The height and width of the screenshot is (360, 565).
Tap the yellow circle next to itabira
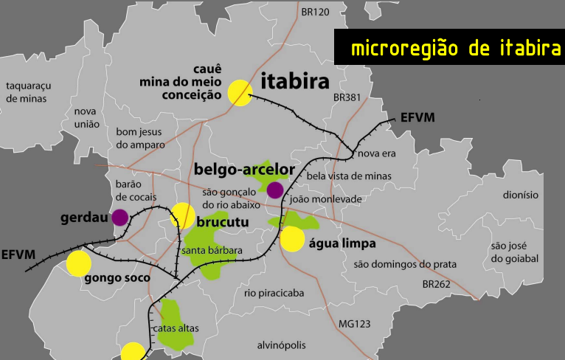240,93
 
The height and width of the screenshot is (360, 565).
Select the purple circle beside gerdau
119,217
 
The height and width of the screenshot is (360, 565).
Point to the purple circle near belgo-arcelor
275,190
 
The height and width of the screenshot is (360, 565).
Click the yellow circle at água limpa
292,239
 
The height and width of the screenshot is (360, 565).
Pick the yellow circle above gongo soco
78,263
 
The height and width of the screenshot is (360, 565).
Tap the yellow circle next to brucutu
182,215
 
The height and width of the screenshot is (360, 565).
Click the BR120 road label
315,12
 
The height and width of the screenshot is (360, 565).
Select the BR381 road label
346,97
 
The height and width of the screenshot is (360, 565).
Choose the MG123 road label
354,324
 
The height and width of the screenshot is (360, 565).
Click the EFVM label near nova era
417,117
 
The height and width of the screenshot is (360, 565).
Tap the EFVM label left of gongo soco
18,255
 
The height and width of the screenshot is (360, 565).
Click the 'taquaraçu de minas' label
26,91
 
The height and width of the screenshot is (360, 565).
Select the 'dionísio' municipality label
521,195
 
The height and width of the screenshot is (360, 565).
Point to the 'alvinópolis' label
281,345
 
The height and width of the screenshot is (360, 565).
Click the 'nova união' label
86,118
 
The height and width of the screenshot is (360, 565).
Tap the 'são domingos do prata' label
405,264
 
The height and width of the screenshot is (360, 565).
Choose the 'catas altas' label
176,328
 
